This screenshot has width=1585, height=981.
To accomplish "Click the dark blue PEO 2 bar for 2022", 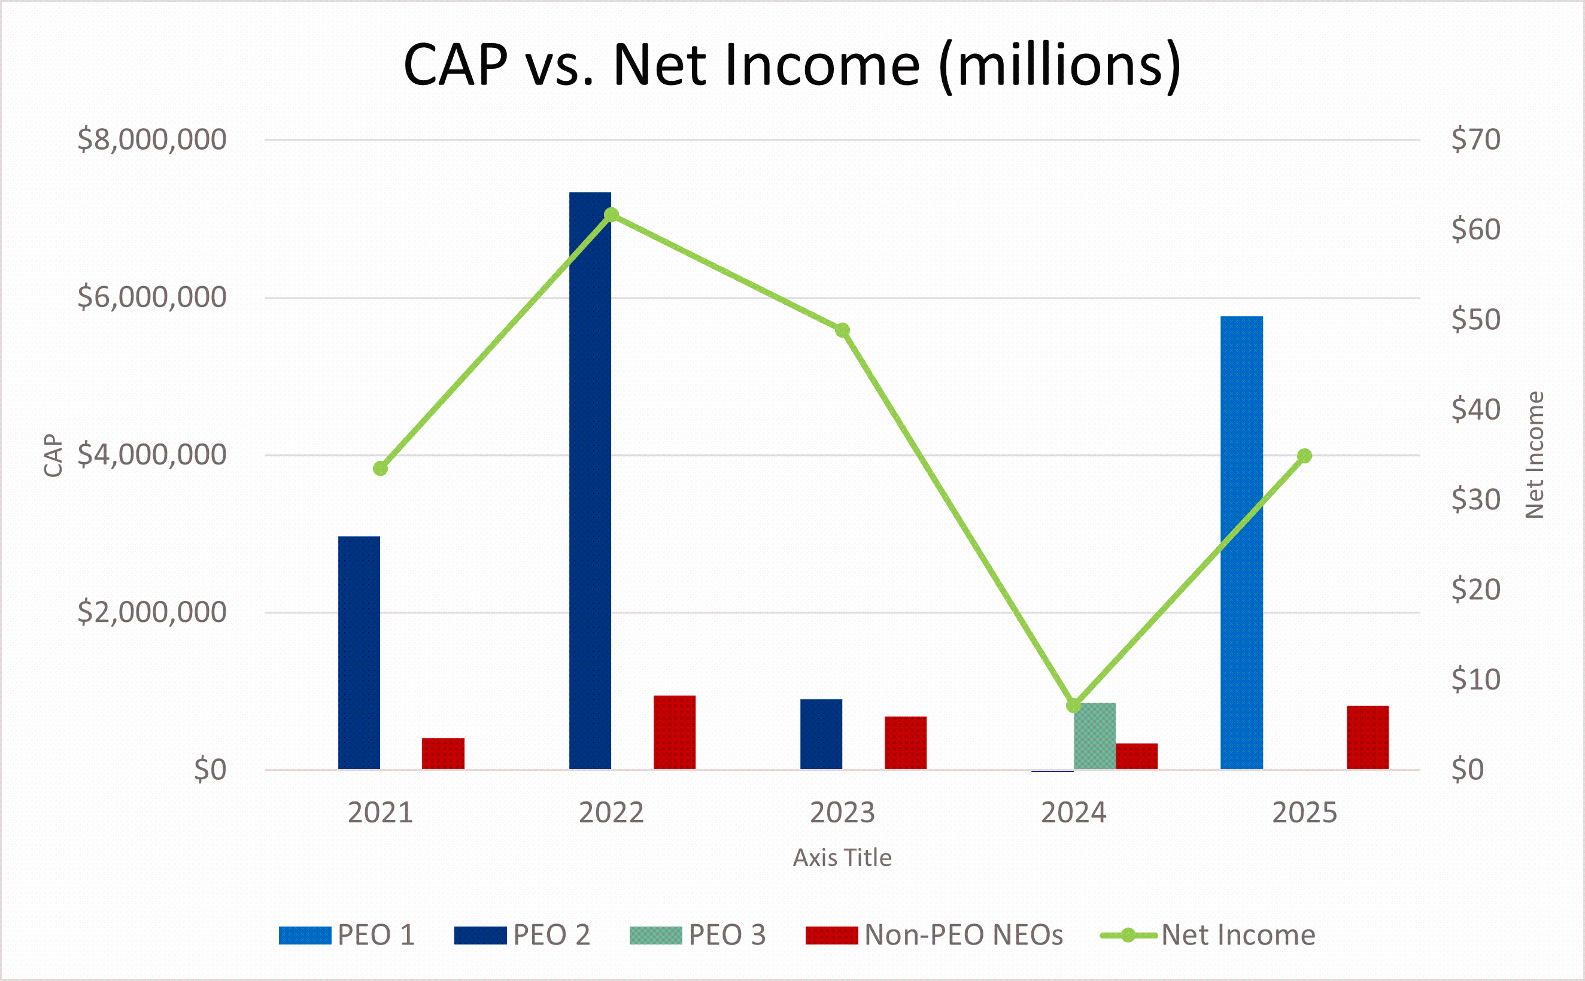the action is (590, 481).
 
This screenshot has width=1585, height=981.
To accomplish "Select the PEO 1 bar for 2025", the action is (1241, 542).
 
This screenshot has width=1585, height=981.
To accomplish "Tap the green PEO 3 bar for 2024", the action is (1095, 736).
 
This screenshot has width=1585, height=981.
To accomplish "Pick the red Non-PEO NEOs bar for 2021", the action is (443, 754).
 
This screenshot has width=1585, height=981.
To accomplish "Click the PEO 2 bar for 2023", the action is (821, 734).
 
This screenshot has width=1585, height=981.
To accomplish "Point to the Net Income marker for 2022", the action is (611, 215).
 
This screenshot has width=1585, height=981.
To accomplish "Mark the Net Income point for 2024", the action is (1074, 705).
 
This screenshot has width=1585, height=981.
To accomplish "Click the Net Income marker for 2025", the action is (1305, 456).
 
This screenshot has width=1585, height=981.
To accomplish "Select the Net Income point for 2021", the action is (380, 469).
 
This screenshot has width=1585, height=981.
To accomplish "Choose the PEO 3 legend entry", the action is (697, 935).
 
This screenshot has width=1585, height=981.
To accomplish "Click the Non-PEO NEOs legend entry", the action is (934, 935).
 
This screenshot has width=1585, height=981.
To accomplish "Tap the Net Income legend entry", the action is (1207, 935).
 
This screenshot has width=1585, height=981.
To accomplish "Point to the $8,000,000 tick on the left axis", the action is (152, 139).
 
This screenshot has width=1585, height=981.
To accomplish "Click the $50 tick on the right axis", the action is (1476, 319).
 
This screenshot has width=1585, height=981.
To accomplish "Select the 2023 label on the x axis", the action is (842, 812).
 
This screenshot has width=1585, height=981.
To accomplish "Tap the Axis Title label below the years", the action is (842, 858).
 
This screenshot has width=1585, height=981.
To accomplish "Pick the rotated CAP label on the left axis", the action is (53, 455).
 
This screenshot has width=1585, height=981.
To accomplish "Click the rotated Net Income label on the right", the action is (1534, 455).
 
